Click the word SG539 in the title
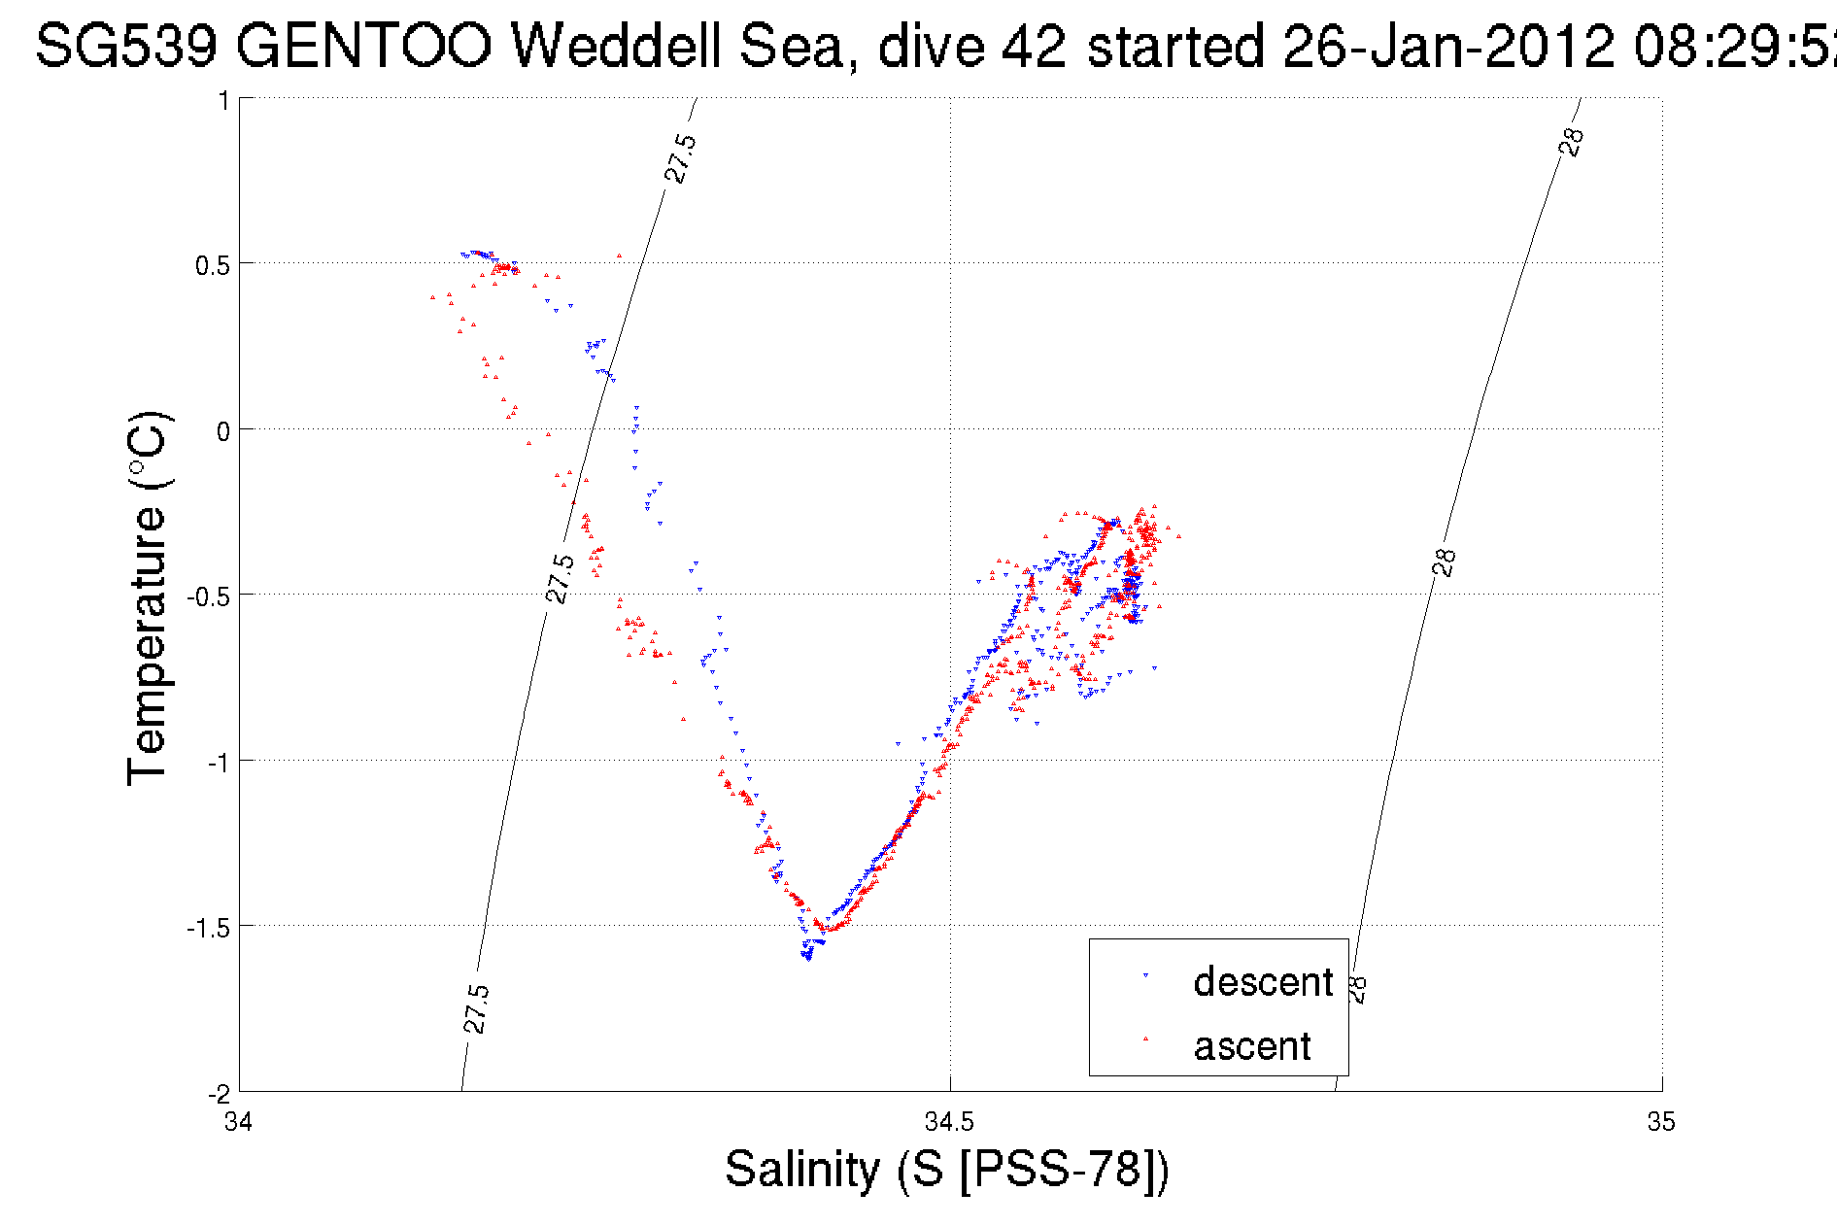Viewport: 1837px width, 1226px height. click(x=126, y=46)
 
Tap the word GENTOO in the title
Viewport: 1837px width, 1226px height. click(x=364, y=46)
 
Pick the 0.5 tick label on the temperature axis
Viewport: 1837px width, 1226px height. click(x=213, y=265)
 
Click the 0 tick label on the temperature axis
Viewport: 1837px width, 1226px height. click(x=223, y=431)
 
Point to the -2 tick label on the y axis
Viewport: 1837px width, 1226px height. click(x=219, y=1093)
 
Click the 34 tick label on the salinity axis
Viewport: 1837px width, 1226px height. click(x=238, y=1122)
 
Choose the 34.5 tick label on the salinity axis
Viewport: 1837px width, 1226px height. click(x=949, y=1122)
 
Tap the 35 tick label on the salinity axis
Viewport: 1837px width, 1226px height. click(x=1661, y=1122)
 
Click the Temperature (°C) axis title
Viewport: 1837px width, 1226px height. click(x=149, y=598)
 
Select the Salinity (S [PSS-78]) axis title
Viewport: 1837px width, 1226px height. click(x=947, y=1169)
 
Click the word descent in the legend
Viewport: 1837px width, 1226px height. click(x=1263, y=982)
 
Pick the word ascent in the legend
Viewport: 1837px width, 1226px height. click(x=1252, y=1046)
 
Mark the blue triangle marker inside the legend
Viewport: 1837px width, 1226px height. click(x=1145, y=975)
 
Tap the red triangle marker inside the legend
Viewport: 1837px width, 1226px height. click(x=1145, y=1039)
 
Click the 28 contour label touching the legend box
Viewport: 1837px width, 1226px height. click(x=1357, y=989)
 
